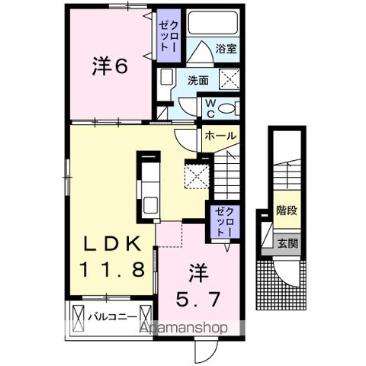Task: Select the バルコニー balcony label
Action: click(111, 314)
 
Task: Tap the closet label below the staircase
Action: click(221, 220)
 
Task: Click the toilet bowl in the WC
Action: click(229, 108)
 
